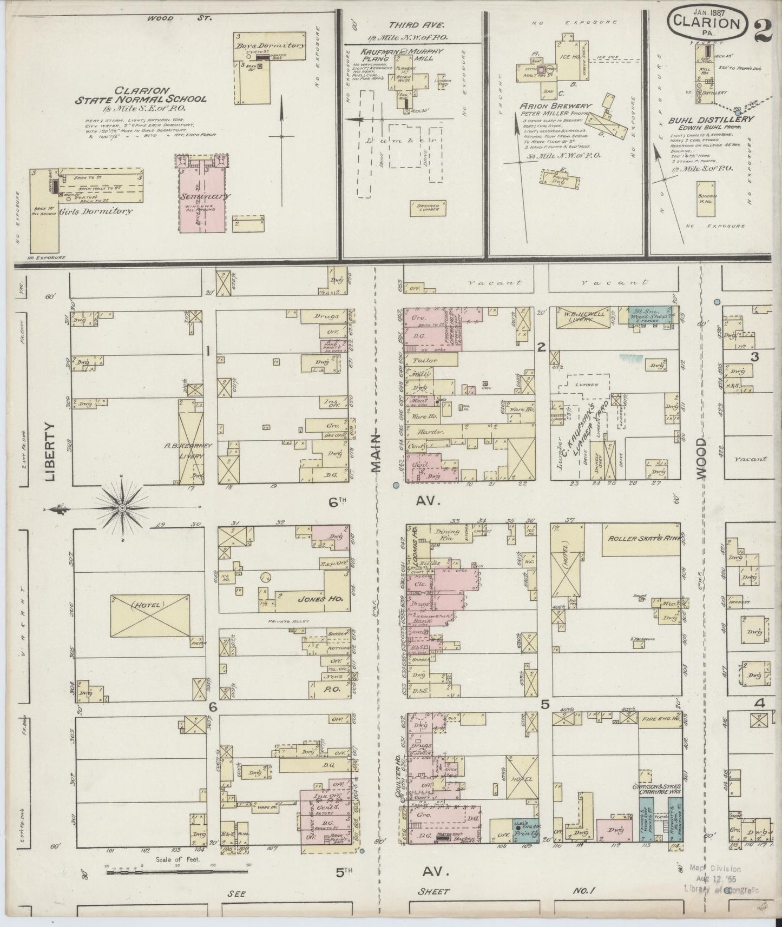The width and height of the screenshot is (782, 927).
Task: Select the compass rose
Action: (x=122, y=508)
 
